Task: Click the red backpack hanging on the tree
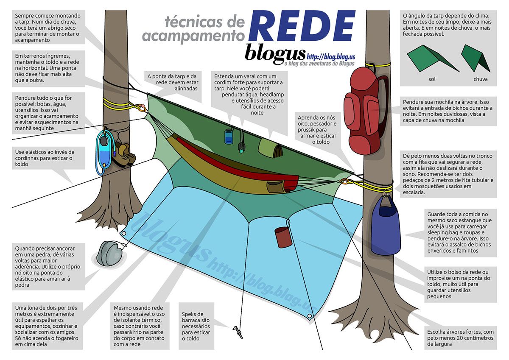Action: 364,111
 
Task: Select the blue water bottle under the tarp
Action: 229,136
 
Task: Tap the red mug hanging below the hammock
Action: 283,237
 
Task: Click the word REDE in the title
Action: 302,27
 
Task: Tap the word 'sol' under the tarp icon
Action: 432,79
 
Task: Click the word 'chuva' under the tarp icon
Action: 480,79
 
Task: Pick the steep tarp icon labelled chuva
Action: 475,59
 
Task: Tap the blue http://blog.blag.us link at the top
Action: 331,56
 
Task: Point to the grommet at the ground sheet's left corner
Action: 124,234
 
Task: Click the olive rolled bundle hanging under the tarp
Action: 271,148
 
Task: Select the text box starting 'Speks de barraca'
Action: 196,326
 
